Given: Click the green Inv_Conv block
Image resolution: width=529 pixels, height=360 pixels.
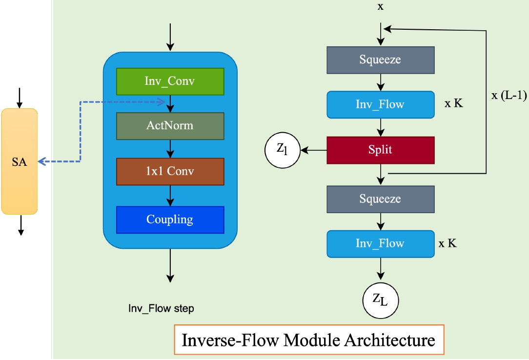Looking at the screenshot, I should click(x=170, y=81).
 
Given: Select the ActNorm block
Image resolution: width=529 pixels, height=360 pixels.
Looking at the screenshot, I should click(x=170, y=126).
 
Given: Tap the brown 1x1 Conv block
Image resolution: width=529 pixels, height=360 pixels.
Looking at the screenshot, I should click(x=170, y=171).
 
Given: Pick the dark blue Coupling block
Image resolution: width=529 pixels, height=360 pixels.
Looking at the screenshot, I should click(x=170, y=220).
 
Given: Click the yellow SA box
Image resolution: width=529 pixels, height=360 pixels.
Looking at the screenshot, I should click(x=20, y=161).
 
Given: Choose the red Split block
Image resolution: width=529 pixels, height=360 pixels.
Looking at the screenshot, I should click(x=380, y=150).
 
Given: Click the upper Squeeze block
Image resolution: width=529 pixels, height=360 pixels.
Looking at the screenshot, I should click(x=380, y=60).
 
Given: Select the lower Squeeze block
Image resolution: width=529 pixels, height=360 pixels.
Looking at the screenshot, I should click(x=380, y=199).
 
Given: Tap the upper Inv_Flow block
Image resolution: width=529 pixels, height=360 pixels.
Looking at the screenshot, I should click(x=380, y=104).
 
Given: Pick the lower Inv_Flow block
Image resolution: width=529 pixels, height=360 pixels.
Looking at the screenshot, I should click(x=380, y=243).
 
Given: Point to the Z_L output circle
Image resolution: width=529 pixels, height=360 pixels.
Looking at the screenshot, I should click(x=380, y=299).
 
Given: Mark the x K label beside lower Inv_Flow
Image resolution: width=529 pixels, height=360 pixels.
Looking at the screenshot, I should click(x=448, y=243).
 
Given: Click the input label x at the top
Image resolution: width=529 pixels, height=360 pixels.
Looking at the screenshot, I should click(x=381, y=6).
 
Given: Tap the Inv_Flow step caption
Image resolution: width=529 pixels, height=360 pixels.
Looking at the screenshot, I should click(x=161, y=308).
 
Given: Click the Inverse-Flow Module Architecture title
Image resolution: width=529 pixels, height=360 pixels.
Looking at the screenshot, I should click(x=308, y=340).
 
